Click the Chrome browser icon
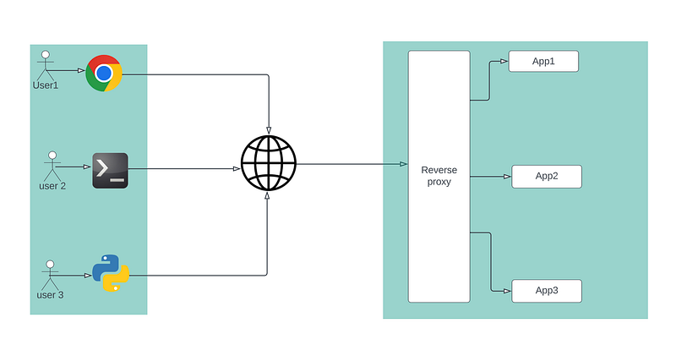(x=104, y=74)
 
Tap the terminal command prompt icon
(x=111, y=171)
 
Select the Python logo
(x=111, y=273)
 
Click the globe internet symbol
(x=269, y=163)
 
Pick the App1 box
(x=543, y=61)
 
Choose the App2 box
(x=547, y=177)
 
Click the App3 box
(x=547, y=291)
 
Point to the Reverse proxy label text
(x=439, y=176)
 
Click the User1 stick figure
(x=46, y=65)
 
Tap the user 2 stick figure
(x=52, y=166)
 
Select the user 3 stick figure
(x=50, y=275)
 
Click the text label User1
(x=46, y=85)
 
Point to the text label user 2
(x=52, y=186)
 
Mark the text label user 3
(x=50, y=295)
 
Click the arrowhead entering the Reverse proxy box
(x=404, y=164)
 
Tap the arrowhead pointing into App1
(x=504, y=61)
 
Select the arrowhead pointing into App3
(x=508, y=291)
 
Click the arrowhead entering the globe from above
(x=269, y=131)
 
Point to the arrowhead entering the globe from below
(x=267, y=196)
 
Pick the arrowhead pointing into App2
(x=508, y=177)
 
